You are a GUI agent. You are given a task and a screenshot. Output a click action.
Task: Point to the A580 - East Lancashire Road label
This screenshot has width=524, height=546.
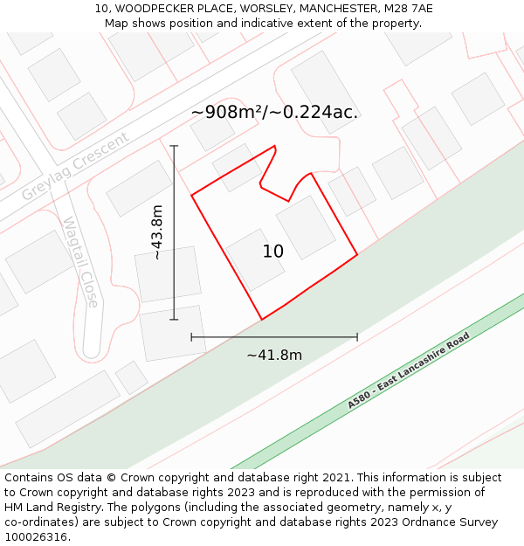pos(409,370)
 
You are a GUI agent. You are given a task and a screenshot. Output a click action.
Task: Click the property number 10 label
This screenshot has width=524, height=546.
pos(273,252)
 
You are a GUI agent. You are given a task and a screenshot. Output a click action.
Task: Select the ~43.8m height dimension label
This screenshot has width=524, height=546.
pos(157,232)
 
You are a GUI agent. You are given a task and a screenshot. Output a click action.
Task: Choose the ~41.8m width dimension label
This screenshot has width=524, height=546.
pos(274,355)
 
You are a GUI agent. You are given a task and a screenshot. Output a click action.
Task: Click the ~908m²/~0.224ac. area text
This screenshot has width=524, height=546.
pos(274,113)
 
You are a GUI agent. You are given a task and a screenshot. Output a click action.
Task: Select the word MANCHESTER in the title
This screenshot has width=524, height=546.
pos(331,9)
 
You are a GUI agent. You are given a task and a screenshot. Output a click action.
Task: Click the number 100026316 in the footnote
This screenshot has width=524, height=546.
pos(36,536)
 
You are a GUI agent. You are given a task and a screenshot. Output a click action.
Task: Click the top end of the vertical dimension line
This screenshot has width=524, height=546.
pos(174,146)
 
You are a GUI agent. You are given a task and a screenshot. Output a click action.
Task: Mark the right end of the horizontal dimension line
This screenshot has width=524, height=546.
pos(357,336)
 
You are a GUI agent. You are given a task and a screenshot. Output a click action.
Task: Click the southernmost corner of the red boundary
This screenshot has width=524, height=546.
pos(261,320)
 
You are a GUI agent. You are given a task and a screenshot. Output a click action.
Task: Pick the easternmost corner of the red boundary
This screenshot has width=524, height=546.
pos(357,255)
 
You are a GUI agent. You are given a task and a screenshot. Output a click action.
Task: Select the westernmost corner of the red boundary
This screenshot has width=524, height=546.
pos(191,195)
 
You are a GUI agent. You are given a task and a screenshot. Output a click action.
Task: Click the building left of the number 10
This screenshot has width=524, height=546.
pos(255,260)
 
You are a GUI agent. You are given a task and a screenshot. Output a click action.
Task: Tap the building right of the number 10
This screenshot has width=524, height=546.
pos(306,227)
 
